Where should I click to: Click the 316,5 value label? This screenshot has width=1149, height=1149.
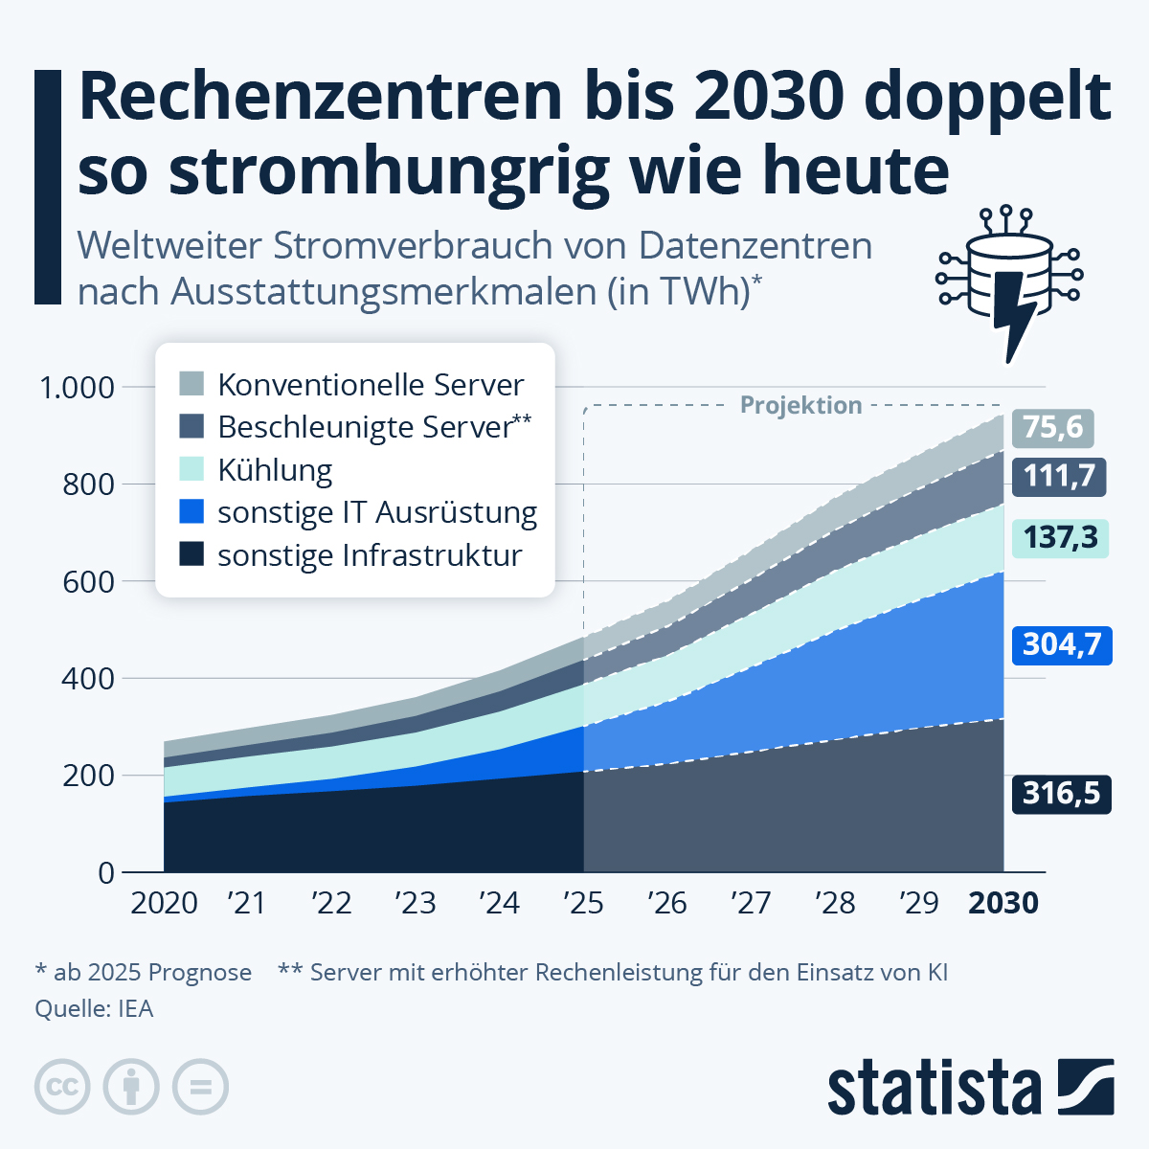pyautogui.click(x=1061, y=794)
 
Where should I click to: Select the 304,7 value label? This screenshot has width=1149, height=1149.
pyautogui.click(x=1062, y=644)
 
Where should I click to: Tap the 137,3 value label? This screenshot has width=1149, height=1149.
pyautogui.click(x=1060, y=538)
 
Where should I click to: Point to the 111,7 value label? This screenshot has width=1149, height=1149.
pyautogui.click(x=1059, y=476)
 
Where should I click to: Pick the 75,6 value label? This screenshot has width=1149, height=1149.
pyautogui.click(x=1053, y=427)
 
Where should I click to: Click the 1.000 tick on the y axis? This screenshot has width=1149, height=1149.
pyautogui.click(x=76, y=388)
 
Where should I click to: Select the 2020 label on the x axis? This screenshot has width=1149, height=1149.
pyautogui.click(x=164, y=903)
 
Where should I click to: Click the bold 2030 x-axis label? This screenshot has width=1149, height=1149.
pyautogui.click(x=1003, y=903)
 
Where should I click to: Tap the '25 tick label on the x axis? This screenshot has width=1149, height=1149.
pyautogui.click(x=583, y=903)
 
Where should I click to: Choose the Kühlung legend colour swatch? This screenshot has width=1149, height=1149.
pyautogui.click(x=191, y=469)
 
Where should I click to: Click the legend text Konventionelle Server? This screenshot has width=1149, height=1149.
pyautogui.click(x=371, y=385)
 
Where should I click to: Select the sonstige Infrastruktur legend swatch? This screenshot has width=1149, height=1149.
pyautogui.click(x=191, y=554)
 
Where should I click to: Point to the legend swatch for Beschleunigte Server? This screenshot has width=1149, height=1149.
pyautogui.click(x=191, y=427)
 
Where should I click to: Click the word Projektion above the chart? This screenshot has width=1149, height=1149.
pyautogui.click(x=801, y=405)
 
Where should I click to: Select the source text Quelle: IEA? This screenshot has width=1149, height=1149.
pyautogui.click(x=94, y=1008)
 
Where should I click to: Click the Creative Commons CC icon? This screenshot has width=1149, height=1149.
pyautogui.click(x=62, y=1087)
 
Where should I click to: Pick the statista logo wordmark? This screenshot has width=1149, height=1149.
pyautogui.click(x=934, y=1088)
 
